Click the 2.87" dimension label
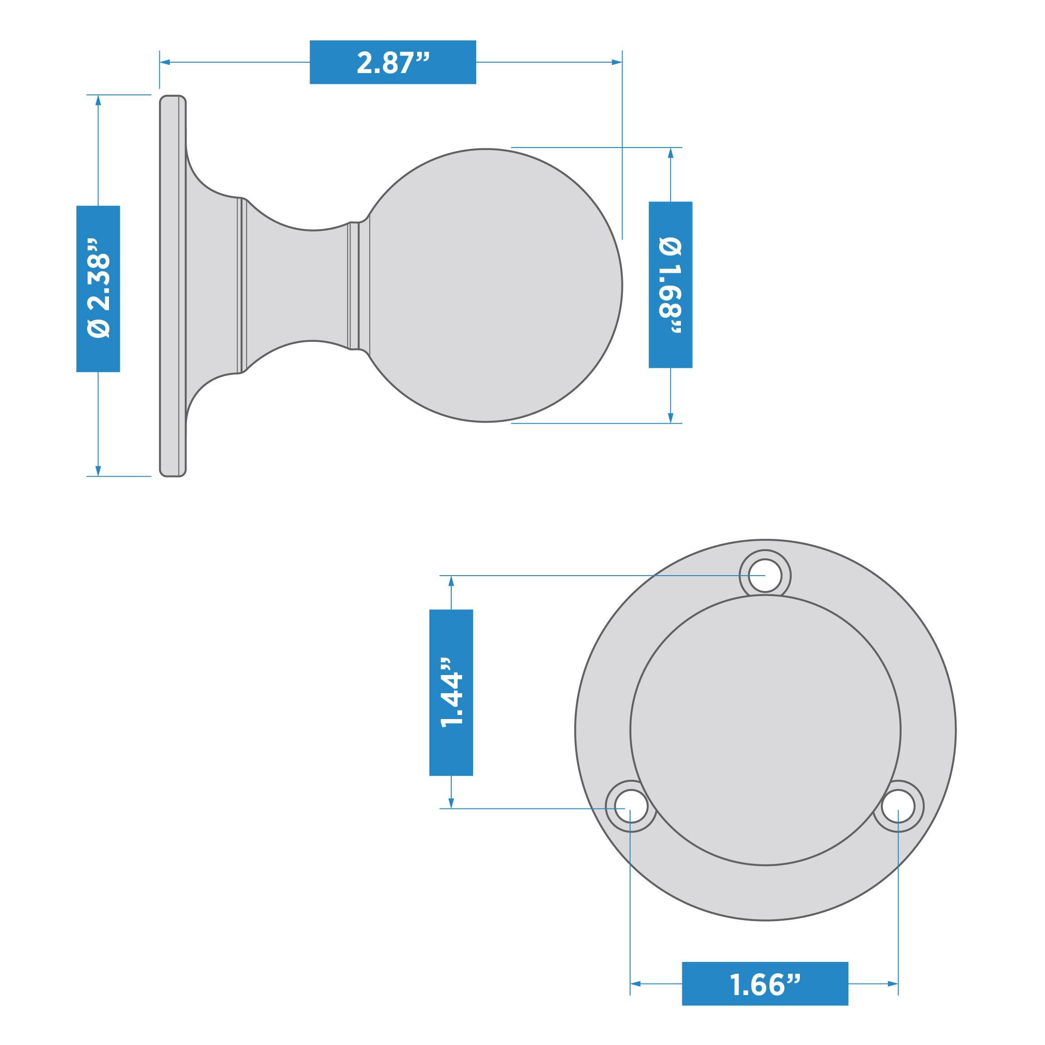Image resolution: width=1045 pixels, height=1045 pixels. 392,62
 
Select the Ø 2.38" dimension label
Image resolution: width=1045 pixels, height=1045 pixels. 98,289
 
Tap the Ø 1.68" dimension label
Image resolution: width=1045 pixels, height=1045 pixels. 670,285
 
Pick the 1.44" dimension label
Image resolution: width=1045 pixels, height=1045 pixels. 451,692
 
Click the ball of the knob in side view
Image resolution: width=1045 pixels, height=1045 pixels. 487,285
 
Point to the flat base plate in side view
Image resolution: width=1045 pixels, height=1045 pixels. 173,285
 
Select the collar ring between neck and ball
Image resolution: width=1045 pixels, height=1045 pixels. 354,285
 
